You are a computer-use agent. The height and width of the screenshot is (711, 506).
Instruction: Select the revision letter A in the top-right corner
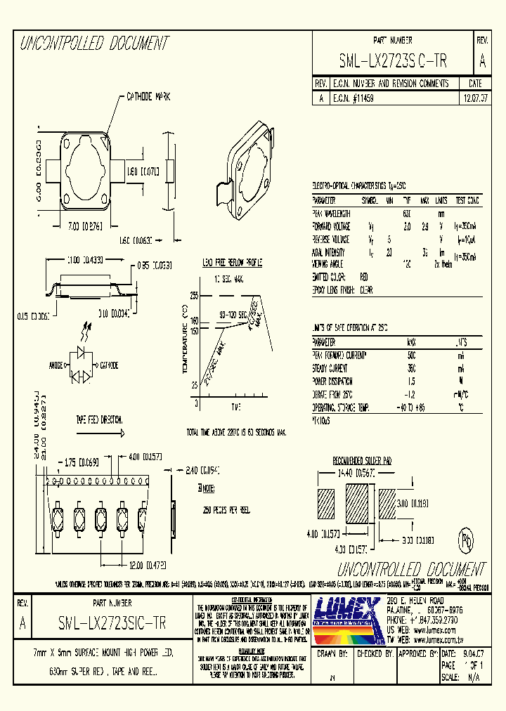[482, 61]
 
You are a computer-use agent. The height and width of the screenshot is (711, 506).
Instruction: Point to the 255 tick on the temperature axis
[193, 296]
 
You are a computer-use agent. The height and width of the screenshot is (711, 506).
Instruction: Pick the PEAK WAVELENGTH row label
[331, 213]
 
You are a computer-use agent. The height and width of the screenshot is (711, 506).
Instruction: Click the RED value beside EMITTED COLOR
[364, 278]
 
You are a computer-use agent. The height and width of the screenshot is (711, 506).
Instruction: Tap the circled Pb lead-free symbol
[465, 543]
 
